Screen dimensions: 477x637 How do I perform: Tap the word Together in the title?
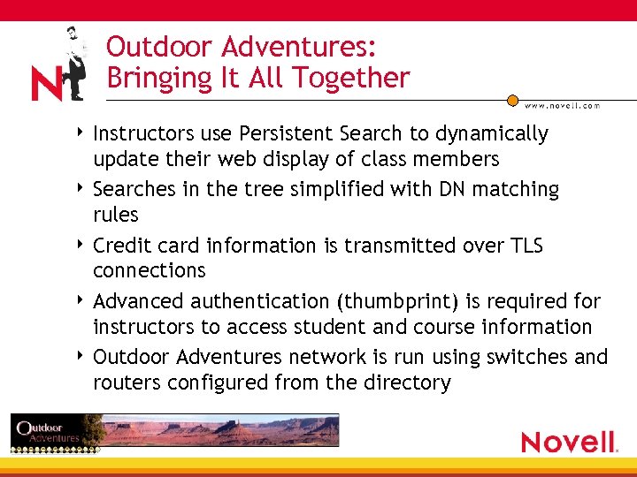pyautogui.click(x=354, y=78)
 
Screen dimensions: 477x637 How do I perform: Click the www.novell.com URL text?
pyautogui.click(x=562, y=105)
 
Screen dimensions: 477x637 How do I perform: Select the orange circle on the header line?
pyautogui.click(x=512, y=101)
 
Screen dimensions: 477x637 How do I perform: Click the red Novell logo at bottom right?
pyautogui.click(x=569, y=442)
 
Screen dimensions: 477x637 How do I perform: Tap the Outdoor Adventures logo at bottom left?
pyautogui.click(x=46, y=432)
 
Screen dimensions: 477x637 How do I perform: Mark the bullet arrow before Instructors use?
pyautogui.click(x=81, y=133)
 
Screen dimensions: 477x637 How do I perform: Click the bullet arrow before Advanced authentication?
pyautogui.click(x=81, y=301)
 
